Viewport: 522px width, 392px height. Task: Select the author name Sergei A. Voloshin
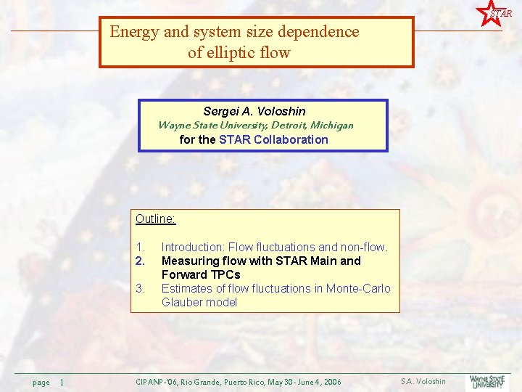(254, 111)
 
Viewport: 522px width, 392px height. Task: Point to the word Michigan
(332, 125)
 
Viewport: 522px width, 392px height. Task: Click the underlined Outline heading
(156, 219)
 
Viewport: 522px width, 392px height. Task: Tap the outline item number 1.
(141, 247)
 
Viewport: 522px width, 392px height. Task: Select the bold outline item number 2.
(141, 261)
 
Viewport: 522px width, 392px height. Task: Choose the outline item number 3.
(141, 288)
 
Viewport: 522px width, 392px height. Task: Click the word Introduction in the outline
(193, 247)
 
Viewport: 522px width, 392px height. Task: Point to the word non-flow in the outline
(362, 247)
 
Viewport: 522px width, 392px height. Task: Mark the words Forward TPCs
(201, 274)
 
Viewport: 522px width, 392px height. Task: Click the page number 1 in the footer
(62, 382)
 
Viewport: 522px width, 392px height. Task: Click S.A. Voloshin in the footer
(423, 381)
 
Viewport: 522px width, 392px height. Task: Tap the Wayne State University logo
(488, 381)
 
